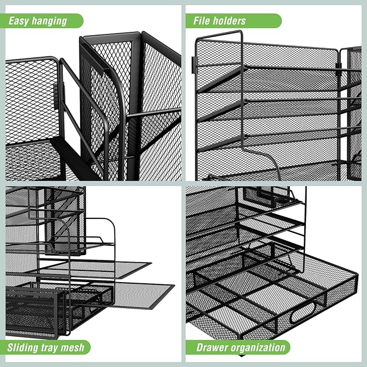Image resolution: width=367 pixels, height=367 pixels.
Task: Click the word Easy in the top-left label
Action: click(x=19, y=21)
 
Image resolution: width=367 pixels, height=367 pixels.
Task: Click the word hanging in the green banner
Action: click(x=49, y=22)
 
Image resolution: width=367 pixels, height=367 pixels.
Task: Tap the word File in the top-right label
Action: click(x=201, y=21)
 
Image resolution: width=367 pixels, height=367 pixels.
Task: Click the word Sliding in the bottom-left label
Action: click(x=23, y=348)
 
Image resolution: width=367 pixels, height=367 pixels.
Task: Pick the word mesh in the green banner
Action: click(x=72, y=348)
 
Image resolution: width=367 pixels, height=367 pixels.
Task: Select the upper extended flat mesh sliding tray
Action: click(x=94, y=270)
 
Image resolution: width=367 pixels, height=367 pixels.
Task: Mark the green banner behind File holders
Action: click(x=233, y=21)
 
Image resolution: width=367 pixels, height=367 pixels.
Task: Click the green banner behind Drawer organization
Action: click(x=238, y=348)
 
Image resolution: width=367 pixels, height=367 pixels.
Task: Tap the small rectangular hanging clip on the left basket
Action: click(x=56, y=96)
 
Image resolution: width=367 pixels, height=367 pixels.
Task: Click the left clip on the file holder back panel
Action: click(x=193, y=65)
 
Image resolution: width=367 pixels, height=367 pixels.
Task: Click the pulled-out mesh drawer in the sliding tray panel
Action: click(x=33, y=313)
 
